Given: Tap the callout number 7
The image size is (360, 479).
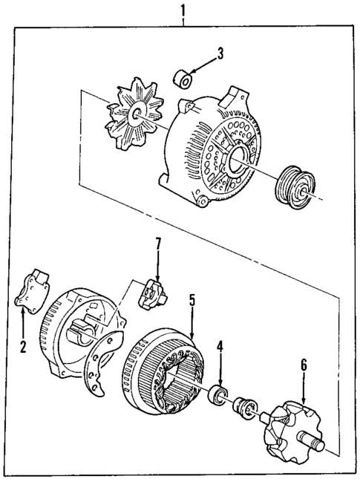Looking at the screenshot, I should (157, 243).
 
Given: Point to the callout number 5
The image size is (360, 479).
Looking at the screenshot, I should (191, 300).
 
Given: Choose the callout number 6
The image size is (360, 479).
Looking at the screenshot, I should (304, 365).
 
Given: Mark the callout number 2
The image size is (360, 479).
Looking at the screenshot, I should (23, 345).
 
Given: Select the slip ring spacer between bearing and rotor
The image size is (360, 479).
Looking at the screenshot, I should (243, 406).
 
